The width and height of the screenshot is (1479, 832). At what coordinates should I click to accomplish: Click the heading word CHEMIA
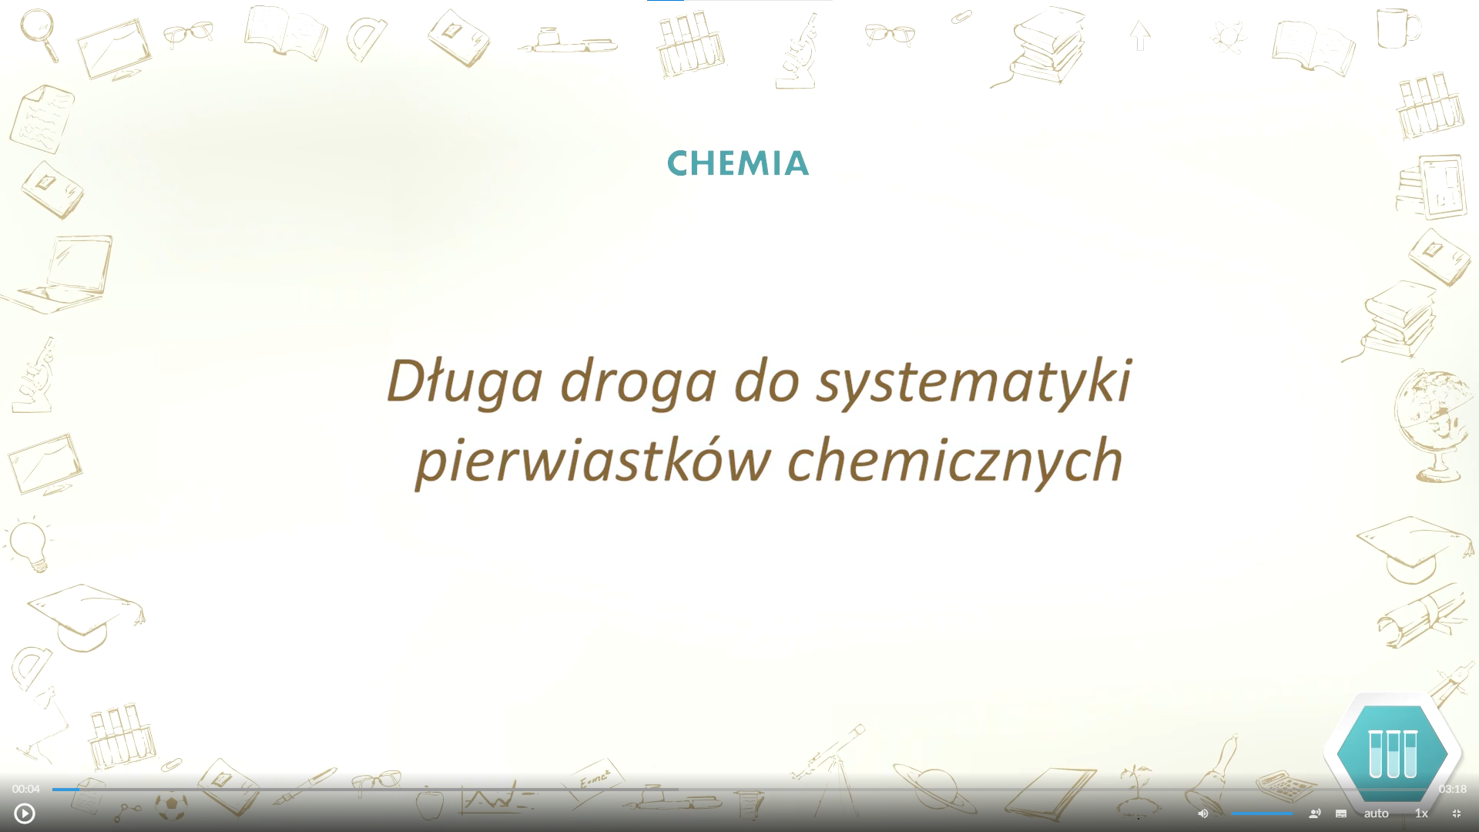pos(738,163)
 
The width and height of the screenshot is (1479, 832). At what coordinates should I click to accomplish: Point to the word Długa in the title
pos(464,381)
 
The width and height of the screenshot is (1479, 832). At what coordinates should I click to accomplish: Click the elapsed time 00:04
pos(25,790)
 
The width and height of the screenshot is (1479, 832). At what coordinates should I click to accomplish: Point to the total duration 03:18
pos(1452,790)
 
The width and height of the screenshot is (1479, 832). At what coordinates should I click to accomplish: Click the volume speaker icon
pos(1203,814)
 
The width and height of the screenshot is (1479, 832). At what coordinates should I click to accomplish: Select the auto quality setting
pos(1377,814)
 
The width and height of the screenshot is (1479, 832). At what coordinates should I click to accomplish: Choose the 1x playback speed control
pos(1421,814)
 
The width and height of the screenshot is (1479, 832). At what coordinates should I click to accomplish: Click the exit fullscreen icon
pos(1457,814)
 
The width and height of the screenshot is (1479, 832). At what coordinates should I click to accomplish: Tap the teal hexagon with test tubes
pos(1393,753)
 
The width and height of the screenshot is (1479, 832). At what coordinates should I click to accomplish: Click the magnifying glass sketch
pos(39,35)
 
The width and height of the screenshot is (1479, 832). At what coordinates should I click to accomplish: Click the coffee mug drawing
pos(1398,29)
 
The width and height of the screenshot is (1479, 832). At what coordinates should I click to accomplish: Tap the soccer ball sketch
pos(171,807)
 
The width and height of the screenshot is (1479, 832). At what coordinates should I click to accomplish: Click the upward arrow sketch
pos(1140,35)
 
